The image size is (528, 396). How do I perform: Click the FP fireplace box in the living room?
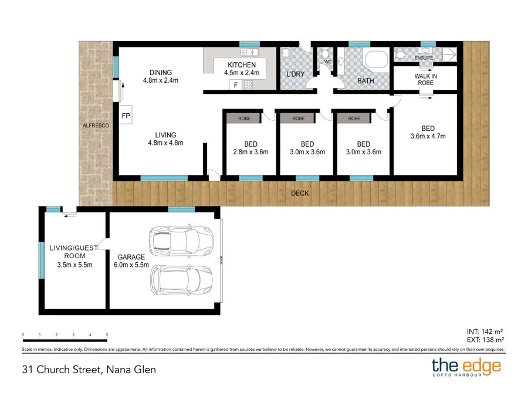[126, 116]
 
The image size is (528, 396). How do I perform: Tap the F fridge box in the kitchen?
[236, 85]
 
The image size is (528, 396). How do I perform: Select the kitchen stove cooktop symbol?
[248, 85]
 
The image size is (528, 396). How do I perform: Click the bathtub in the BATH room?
[375, 60]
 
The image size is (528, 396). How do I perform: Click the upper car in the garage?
[179, 240]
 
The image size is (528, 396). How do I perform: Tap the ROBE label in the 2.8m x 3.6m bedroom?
[244, 119]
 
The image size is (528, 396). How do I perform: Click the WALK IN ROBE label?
[425, 79]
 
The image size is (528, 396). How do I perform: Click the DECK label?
[300, 193]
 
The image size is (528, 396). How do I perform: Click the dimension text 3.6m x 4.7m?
[428, 136]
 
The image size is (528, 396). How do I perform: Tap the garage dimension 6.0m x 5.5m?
[130, 265]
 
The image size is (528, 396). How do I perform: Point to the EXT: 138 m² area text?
[484, 340]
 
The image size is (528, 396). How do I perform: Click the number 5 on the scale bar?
[107, 334]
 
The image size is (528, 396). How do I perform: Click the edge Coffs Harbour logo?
[466, 368]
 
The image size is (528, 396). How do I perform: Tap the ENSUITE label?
[424, 58]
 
